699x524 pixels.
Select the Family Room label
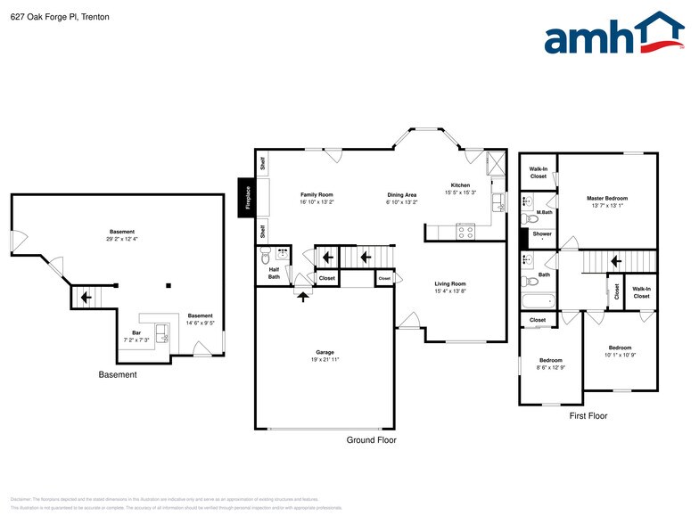tap(316, 194)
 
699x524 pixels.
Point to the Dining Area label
tap(401, 194)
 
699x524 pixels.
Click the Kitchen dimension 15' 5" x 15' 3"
tap(461, 192)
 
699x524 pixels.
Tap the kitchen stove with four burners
tap(465, 231)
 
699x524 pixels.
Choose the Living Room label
tap(450, 283)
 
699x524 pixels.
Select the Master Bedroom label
tap(606, 198)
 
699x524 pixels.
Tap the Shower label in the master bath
tap(542, 234)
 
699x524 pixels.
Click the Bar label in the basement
tap(136, 332)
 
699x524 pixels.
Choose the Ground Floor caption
tap(371, 440)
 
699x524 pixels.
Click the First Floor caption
tap(588, 416)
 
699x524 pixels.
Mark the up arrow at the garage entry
tap(303, 295)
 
